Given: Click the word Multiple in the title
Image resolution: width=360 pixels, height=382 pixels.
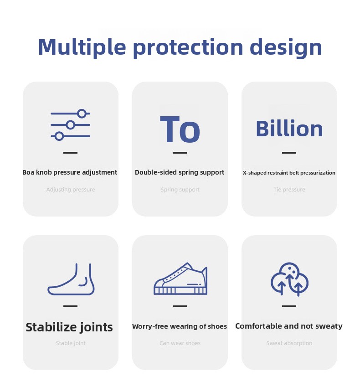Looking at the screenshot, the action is [82, 47].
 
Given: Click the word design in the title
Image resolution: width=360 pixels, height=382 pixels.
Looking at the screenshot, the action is [286, 47].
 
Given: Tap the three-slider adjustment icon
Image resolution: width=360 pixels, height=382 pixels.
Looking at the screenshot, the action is [70, 125].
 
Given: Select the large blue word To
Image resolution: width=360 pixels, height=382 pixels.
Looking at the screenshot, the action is [180, 129].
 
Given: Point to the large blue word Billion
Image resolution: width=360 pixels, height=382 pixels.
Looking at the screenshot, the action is [289, 129].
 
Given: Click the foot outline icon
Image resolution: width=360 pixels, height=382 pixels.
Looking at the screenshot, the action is [71, 279].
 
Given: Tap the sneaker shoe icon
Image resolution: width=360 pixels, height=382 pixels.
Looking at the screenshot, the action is [180, 279].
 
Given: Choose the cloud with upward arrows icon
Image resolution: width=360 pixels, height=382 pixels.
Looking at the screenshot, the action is [289, 279].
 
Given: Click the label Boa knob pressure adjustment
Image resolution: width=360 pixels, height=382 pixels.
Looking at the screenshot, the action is [70, 172].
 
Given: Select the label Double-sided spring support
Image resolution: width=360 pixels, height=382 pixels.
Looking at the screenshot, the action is [180, 172].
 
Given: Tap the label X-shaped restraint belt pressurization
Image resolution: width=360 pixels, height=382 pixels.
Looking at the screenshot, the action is [289, 173].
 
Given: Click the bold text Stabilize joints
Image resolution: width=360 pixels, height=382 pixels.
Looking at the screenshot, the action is [69, 327].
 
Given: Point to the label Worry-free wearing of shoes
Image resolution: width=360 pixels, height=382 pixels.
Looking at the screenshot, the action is [180, 326].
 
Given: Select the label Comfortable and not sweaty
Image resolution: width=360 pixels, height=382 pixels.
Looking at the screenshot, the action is [289, 326].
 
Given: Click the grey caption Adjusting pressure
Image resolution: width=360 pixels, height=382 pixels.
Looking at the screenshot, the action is [71, 190].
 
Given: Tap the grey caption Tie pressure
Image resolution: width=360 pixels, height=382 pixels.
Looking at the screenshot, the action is [289, 190].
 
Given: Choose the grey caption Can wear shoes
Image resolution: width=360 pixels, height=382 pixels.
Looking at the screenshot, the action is [180, 343].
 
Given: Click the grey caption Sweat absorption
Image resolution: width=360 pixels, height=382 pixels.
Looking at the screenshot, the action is [289, 343].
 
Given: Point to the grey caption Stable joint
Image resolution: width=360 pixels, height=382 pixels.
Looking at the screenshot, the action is [71, 343].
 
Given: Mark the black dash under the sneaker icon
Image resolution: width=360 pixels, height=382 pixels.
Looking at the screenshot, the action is [180, 306].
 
